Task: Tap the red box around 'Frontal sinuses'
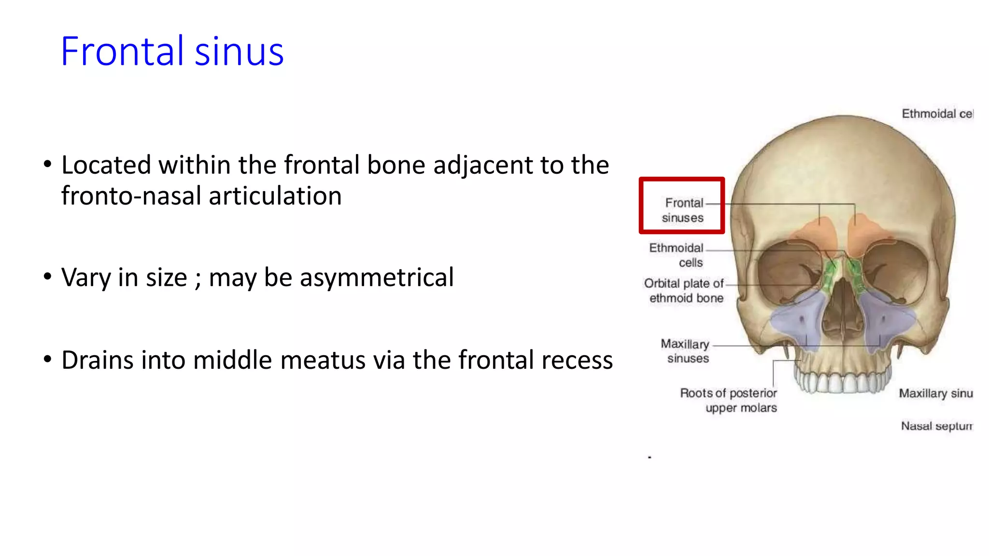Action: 681,206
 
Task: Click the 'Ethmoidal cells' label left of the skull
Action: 677,255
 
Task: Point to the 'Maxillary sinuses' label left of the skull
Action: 686,351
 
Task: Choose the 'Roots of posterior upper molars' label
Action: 729,400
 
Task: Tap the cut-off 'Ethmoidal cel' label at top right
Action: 937,114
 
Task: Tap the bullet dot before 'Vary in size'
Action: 47,277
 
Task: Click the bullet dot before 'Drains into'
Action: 47,360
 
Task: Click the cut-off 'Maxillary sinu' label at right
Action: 935,393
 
